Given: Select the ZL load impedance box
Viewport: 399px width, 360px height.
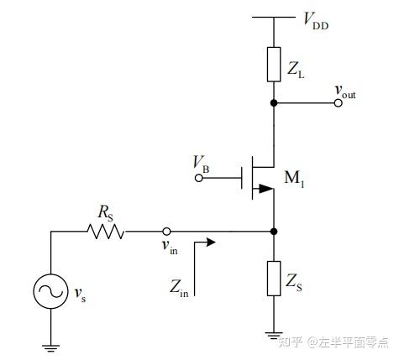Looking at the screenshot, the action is tap(274, 65).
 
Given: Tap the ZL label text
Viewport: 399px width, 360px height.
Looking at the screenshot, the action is tap(296, 70).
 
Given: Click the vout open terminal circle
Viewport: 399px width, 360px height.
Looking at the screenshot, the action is tap(339, 103).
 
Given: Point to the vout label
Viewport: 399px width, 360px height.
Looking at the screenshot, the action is tap(345, 92).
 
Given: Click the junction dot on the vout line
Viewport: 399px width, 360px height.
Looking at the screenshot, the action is tap(274, 103).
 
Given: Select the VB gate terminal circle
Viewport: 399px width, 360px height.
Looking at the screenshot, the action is tap(199, 178).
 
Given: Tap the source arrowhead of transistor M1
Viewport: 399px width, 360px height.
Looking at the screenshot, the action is tap(266, 189).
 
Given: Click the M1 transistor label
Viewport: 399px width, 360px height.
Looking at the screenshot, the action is tap(294, 178).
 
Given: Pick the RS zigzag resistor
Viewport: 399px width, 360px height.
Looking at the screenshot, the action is tap(106, 232).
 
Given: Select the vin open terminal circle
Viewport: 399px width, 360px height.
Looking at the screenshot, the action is tap(166, 232).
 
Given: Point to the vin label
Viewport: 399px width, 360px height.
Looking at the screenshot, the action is tap(170, 247).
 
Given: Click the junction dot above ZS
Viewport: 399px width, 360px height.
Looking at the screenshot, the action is tap(274, 232).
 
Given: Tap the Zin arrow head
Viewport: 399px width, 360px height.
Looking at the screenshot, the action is tap(211, 242).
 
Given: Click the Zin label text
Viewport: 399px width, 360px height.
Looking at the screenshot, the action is tap(179, 287).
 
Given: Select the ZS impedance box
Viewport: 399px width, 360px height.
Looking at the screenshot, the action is tap(274, 279).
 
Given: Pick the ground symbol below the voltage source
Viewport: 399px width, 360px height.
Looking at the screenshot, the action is tap(51, 348).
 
